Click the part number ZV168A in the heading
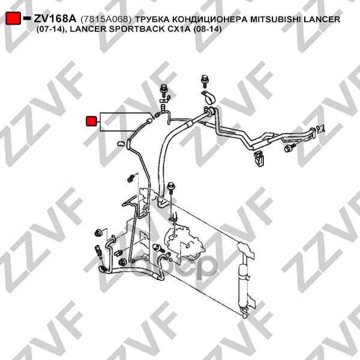pyautogui.click(x=55, y=19)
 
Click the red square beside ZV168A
pyautogui.click(x=13, y=18)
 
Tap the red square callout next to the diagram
pyautogui.click(x=91, y=121)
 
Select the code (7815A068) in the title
pyautogui.click(x=106, y=19)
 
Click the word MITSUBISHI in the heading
pyautogui.click(x=276, y=19)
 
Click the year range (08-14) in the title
pyautogui.click(x=208, y=29)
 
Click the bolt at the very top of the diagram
pyautogui.click(x=205, y=81)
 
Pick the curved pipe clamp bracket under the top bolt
pyautogui.click(x=208, y=98)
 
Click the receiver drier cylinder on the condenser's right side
pyautogui.click(x=242, y=286)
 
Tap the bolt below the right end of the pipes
pyautogui.click(x=290, y=147)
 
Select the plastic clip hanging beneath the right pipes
pyautogui.click(x=259, y=158)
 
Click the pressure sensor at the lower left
pyautogui.click(x=98, y=251)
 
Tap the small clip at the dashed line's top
pyautogui.click(x=130, y=178)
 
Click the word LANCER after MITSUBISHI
pyautogui.click(x=322, y=19)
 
